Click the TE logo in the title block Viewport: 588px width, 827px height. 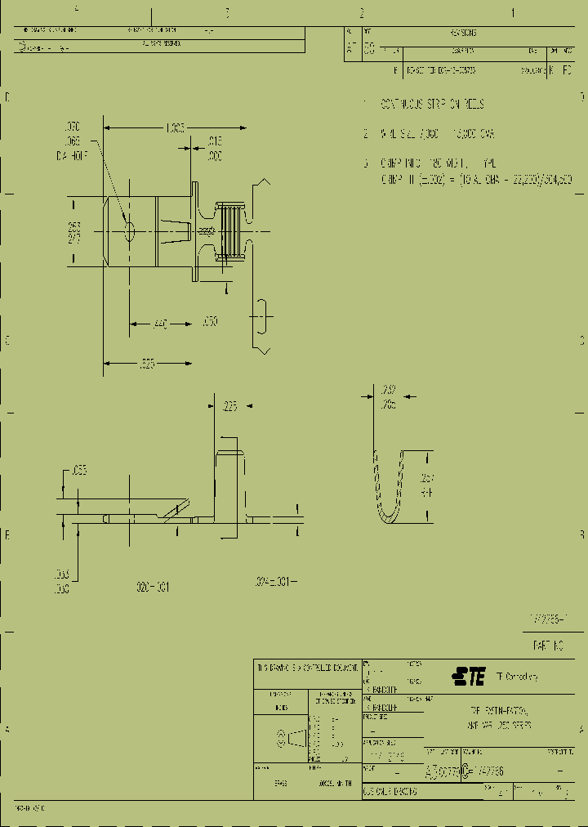coord(469,677)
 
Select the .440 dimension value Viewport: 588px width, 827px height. coord(160,325)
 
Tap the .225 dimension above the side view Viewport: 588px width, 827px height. coord(229,406)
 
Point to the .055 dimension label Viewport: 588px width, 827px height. coord(79,471)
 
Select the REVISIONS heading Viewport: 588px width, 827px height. coord(462,33)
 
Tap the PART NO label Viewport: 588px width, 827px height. coord(549,645)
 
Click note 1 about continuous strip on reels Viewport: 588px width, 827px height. coord(430,105)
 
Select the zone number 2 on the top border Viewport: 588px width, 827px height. coord(361,12)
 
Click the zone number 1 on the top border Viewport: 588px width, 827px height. coord(513,12)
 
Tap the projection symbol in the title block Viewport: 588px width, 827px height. coord(295,740)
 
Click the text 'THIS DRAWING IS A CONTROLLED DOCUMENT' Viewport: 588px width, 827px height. coord(307,668)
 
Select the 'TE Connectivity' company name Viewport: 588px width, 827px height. coord(516,677)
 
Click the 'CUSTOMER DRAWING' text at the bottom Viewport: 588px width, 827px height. coord(390,792)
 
